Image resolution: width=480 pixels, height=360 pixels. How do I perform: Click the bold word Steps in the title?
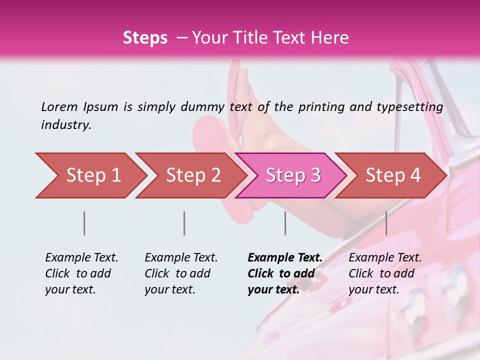[x=145, y=38]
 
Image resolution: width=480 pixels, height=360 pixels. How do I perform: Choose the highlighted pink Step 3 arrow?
[x=293, y=175]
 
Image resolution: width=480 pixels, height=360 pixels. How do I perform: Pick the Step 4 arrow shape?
[x=393, y=175]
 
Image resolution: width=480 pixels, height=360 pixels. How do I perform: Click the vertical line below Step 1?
[x=84, y=223]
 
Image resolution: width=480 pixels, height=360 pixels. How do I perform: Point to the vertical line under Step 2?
[x=184, y=223]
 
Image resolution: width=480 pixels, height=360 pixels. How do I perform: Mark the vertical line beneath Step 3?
[x=285, y=223]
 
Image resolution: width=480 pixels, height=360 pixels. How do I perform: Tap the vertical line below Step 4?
[x=386, y=223]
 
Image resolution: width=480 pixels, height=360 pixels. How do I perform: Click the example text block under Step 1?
[x=81, y=273]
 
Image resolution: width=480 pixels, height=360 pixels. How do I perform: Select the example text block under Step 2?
[x=181, y=273]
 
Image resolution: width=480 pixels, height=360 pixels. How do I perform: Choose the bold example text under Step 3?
[x=285, y=273]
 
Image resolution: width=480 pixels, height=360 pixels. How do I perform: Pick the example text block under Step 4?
[x=385, y=273]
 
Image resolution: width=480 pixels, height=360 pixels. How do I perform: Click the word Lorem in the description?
[x=59, y=106]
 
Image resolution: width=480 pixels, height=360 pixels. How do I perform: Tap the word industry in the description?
[x=66, y=125]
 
